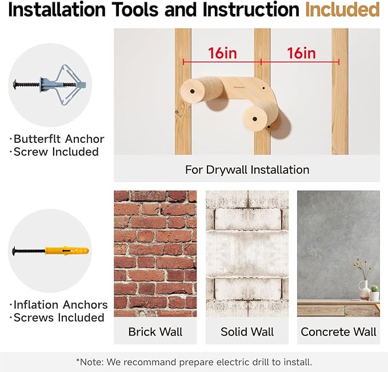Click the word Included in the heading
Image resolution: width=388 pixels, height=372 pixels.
pyautogui.click(x=342, y=10)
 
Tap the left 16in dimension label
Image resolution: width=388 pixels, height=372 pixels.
pyautogui.click(x=222, y=53)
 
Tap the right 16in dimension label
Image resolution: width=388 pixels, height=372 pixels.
pyautogui.click(x=301, y=53)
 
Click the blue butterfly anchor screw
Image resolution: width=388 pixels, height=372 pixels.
pyautogui.click(x=50, y=85)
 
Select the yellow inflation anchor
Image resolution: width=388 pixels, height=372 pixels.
pyautogui.click(x=67, y=251)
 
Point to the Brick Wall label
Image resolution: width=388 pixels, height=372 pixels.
pyautogui.click(x=155, y=332)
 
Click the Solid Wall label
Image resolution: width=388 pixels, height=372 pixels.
pyautogui.click(x=247, y=332)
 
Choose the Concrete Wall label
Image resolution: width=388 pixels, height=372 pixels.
pyautogui.click(x=338, y=332)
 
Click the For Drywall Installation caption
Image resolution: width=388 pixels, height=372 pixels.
pyautogui.click(x=247, y=170)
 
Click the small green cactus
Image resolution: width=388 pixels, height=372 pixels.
pyautogui.click(x=374, y=289)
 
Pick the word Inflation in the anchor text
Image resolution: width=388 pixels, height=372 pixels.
pyautogui.click(x=36, y=305)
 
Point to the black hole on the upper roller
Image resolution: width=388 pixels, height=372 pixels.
pyautogui.click(x=192, y=91)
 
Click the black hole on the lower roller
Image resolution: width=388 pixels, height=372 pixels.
pyautogui.click(x=254, y=119)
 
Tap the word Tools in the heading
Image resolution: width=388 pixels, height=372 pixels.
pyautogui.click(x=135, y=10)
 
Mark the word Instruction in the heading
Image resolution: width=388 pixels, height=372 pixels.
pyautogui.click(x=251, y=10)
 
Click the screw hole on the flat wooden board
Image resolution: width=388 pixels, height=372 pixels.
pyautogui.click(x=263, y=88)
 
